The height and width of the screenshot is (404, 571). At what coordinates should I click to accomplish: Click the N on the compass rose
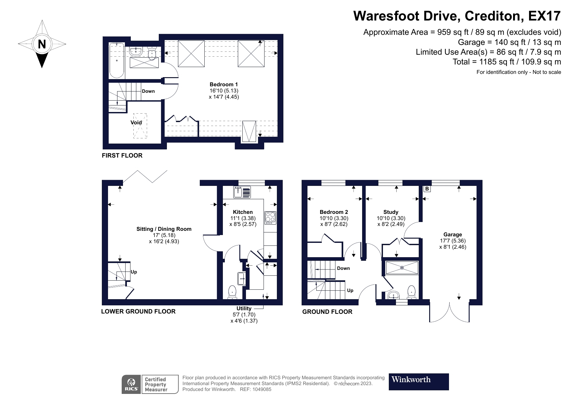pyautogui.click(x=42, y=44)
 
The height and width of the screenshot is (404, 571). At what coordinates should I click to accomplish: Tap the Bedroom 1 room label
pyautogui.click(x=224, y=85)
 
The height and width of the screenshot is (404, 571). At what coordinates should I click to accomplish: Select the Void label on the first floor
pyautogui.click(x=136, y=122)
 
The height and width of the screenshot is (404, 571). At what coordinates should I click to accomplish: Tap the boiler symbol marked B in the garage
pyautogui.click(x=427, y=189)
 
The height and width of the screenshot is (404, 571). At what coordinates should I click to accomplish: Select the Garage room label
pyautogui.click(x=453, y=234)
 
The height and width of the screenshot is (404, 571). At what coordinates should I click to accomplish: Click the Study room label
pyautogui.click(x=391, y=212)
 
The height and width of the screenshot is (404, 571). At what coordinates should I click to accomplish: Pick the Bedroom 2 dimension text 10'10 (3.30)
pyautogui.click(x=334, y=218)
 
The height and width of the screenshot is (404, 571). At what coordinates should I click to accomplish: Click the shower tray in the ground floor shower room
pyautogui.click(x=402, y=268)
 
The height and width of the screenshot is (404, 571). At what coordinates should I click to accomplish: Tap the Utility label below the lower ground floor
pyautogui.click(x=244, y=308)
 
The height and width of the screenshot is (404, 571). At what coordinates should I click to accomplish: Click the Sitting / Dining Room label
pyautogui.click(x=164, y=229)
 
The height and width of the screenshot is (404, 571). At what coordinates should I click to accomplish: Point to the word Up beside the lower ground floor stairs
pyautogui.click(x=134, y=272)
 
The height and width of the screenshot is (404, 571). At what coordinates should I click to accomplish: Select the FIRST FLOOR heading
pyautogui.click(x=122, y=155)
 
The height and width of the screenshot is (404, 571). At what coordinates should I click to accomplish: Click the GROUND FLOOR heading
pyautogui.click(x=327, y=312)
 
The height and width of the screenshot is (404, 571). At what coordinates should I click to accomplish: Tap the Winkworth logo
pyautogui.click(x=418, y=382)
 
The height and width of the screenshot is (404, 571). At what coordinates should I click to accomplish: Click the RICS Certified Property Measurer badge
pyautogui.click(x=150, y=384)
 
